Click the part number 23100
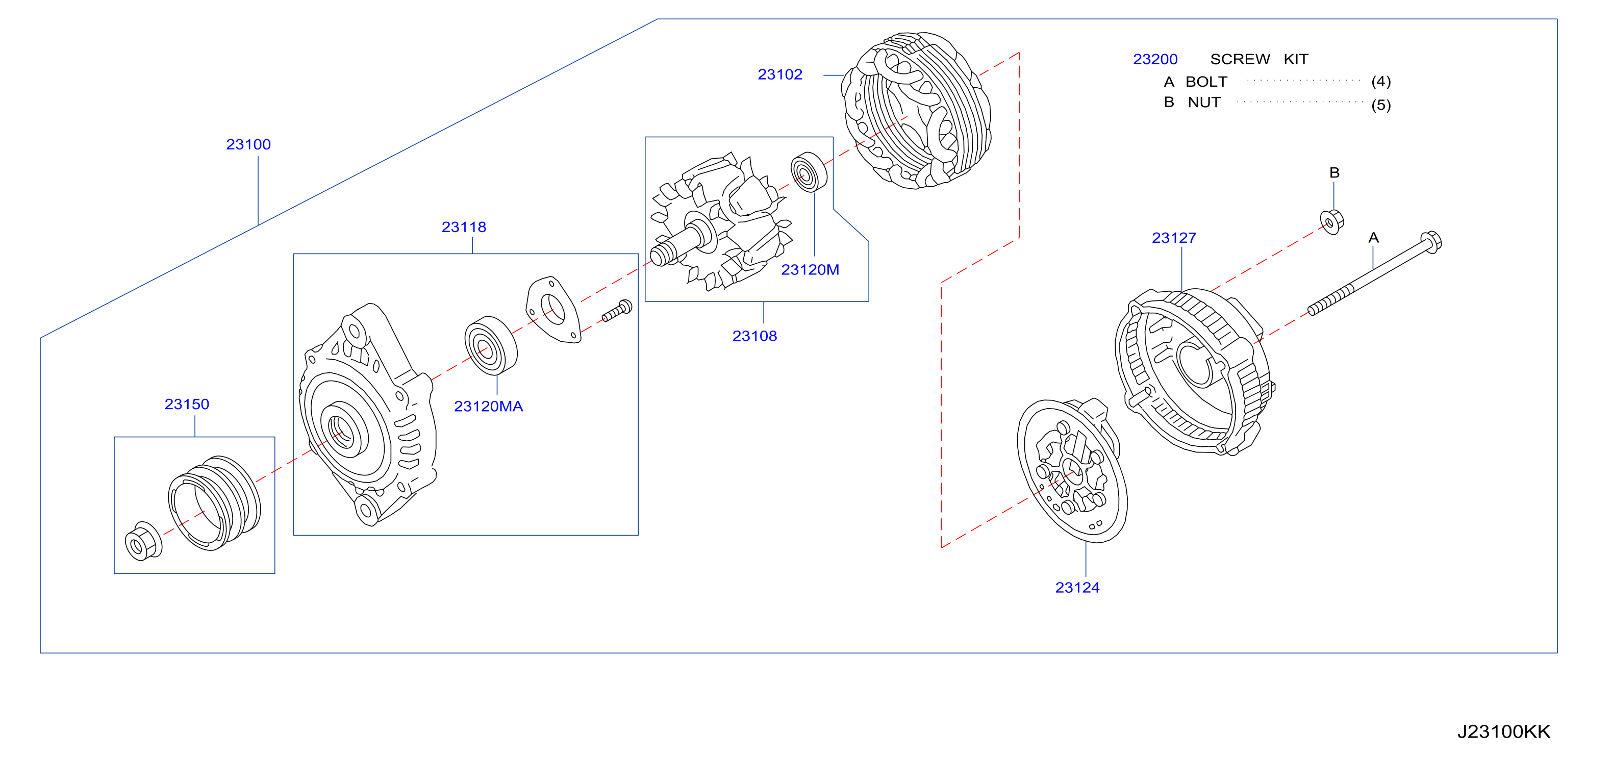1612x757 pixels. point(248,144)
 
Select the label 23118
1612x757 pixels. point(464,227)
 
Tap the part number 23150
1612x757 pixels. point(187,404)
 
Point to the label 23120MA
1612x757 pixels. point(488,407)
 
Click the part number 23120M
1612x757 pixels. point(810,270)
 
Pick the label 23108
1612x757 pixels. point(754,336)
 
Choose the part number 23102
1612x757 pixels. point(779,74)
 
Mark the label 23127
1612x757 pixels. point(1174,238)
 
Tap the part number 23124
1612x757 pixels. point(1077,588)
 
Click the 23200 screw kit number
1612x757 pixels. point(1155,60)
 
